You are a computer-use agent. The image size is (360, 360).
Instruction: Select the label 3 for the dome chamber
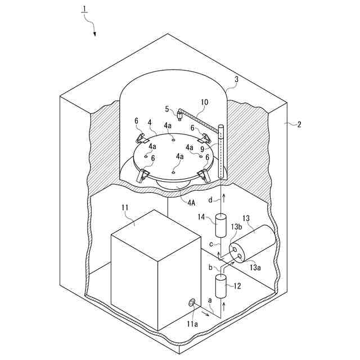point(236,80)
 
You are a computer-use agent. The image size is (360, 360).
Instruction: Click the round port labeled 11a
point(192,304)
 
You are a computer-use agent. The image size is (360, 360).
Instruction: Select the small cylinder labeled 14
point(220,224)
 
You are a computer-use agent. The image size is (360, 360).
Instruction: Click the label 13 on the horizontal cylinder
point(245,218)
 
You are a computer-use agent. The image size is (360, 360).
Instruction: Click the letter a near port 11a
point(210,301)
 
